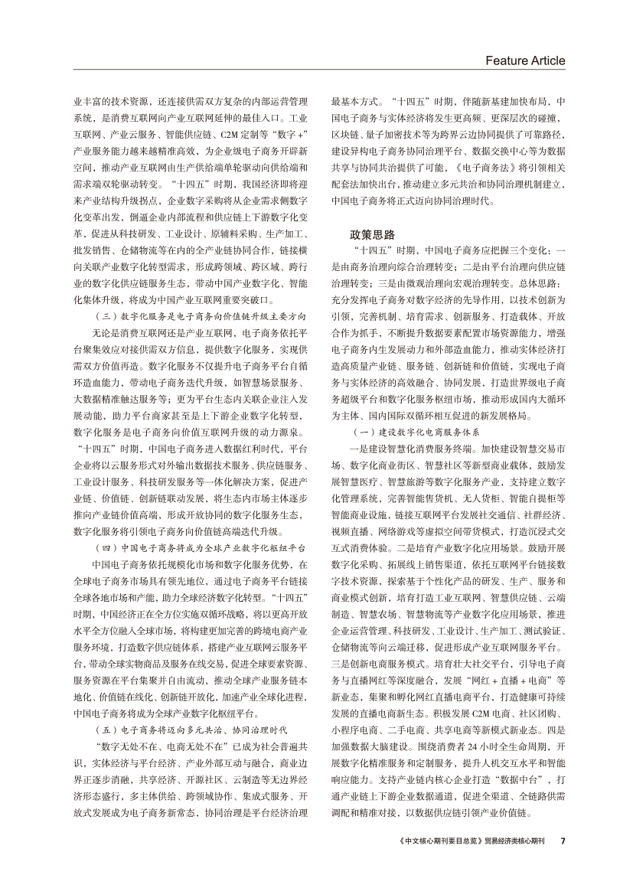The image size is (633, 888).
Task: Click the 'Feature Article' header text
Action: [x=525, y=60]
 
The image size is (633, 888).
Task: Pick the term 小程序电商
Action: [x=351, y=739]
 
